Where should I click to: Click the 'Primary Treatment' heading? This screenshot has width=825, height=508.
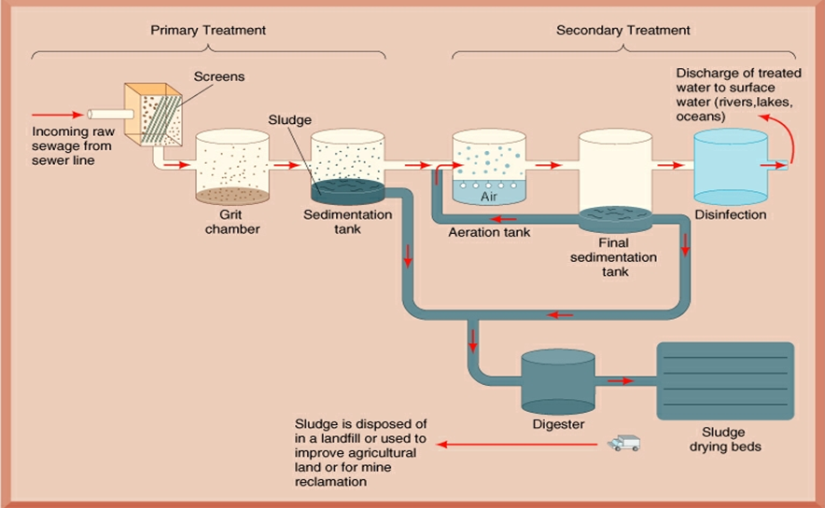pos(208,30)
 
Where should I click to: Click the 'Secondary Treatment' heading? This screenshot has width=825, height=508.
pos(623,30)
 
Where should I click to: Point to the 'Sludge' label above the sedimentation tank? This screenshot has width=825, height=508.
pos(289,120)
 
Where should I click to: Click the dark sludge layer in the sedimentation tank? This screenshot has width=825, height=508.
pos(347,190)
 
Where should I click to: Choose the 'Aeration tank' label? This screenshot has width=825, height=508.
pos(489,232)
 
